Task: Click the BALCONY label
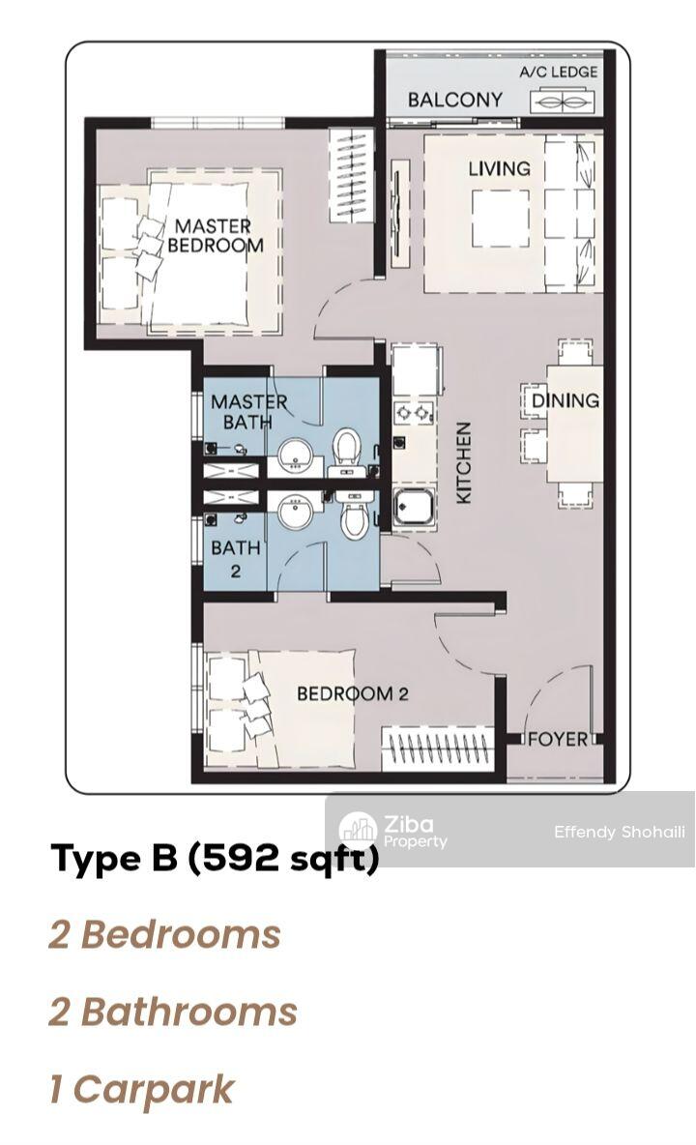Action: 454,100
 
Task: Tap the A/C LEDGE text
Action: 558,72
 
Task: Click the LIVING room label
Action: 499,168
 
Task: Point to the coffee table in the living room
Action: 501,220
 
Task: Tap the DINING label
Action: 565,400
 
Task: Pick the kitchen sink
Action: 414,509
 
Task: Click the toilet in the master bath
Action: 348,451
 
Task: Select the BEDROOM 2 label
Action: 353,693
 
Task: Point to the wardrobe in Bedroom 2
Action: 437,749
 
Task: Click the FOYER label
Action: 558,739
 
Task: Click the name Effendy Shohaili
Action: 620,832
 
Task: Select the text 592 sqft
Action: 284,858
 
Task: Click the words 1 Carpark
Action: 141,1090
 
